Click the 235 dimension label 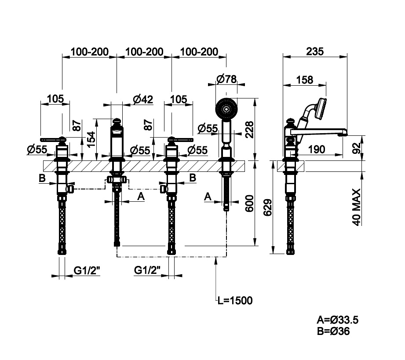click(314, 51)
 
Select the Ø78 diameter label click(226, 79)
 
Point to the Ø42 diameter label click(142, 99)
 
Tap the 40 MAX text click(357, 207)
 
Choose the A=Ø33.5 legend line click(335, 320)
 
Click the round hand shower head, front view click(226, 109)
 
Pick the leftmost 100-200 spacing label click(89, 51)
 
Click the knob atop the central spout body click(117, 121)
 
